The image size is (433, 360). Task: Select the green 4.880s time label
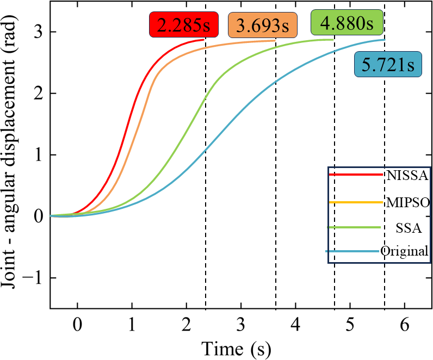(x=347, y=24)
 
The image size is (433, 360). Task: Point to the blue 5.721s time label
(x=388, y=65)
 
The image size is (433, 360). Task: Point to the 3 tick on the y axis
(x=39, y=32)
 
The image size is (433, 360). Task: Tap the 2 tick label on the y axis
(x=39, y=94)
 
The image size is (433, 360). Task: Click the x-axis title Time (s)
(x=236, y=346)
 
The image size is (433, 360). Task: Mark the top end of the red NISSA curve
(x=203, y=40)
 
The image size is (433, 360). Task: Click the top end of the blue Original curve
(x=384, y=39)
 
